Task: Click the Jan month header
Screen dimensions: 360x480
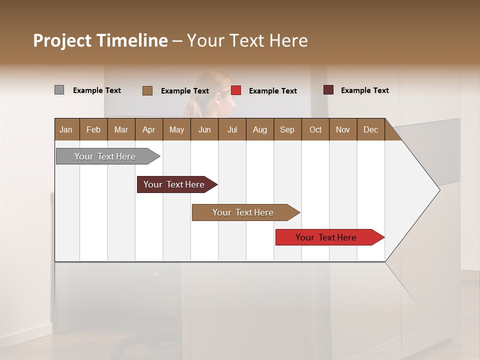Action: (66, 129)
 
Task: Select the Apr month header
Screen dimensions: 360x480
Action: (148, 129)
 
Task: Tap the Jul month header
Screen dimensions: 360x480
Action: (232, 129)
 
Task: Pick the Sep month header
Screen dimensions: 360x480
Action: (287, 129)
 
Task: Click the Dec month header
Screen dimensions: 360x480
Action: (370, 129)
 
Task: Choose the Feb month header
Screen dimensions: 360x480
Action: (93, 129)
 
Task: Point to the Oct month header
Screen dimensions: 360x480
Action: (315, 129)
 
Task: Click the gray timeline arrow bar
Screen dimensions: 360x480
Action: (105, 156)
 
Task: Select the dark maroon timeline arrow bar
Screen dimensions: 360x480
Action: (174, 184)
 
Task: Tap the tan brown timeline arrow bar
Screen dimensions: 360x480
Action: (243, 212)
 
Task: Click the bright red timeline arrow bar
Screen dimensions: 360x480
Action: (326, 237)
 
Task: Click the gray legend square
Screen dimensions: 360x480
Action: (59, 90)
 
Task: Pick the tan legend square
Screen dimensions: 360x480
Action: (147, 90)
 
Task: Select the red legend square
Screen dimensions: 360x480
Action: (236, 90)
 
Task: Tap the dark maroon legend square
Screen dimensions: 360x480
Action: (328, 90)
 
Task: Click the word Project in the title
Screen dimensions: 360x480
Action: (62, 40)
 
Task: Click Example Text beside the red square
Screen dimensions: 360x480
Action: (272, 91)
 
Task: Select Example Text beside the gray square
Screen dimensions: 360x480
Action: (97, 90)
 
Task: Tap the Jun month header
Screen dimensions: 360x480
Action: (204, 129)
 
